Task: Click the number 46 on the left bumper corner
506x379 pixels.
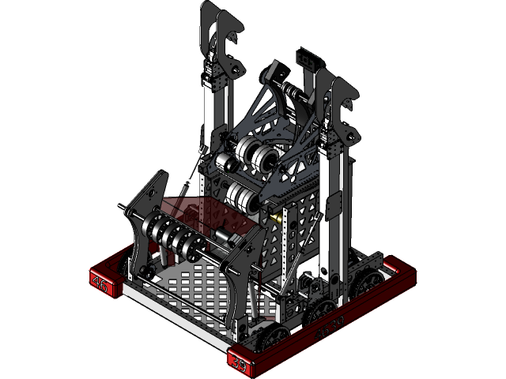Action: click(100, 284)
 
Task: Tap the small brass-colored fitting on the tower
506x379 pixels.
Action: click(276, 215)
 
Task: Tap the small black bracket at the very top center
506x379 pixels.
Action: click(304, 59)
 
